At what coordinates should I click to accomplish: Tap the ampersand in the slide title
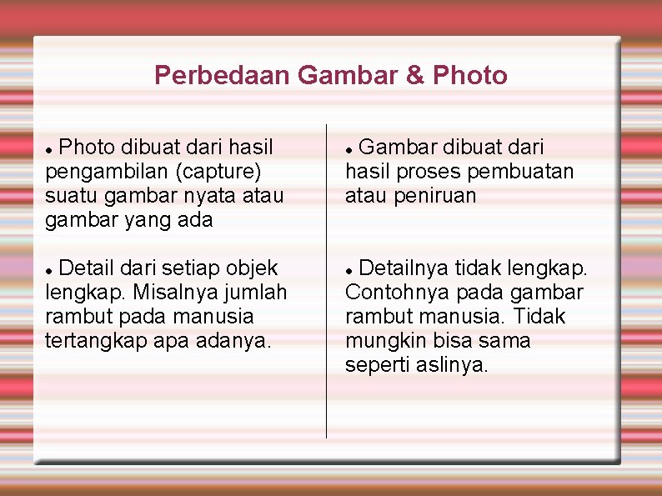pos(415,76)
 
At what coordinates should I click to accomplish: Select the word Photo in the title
pos(470,76)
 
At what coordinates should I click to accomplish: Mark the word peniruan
pos(434,196)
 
